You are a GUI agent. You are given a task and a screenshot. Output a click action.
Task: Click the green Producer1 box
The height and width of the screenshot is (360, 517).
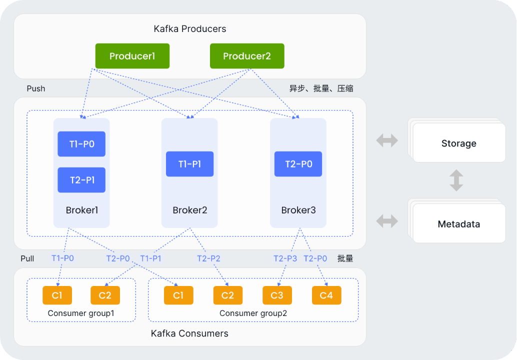[132, 56]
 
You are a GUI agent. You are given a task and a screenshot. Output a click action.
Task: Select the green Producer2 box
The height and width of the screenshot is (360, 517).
[247, 56]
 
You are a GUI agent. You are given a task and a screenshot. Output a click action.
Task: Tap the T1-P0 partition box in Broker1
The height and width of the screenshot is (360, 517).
[81, 144]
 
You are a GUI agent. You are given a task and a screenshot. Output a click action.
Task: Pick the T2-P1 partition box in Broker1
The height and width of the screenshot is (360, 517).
[81, 180]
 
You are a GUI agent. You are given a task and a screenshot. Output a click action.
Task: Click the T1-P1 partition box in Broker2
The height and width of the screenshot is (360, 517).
[189, 164]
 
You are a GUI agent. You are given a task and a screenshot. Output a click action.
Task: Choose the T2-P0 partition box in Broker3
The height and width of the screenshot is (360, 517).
[298, 164]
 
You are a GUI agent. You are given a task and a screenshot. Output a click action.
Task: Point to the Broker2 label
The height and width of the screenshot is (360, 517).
[189, 210]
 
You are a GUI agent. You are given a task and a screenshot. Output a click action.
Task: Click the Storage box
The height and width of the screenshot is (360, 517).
[459, 143]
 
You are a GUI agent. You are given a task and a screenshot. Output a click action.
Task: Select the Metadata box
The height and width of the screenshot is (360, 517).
[459, 224]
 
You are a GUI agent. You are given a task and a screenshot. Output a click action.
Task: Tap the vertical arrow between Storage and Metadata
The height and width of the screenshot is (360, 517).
[456, 180]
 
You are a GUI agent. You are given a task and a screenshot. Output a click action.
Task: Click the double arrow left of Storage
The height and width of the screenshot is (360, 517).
[387, 140]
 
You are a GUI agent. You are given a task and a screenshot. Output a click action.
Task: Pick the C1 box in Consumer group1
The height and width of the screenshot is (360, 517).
[57, 295]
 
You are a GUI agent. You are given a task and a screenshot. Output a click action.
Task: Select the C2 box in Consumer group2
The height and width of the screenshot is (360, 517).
[227, 295]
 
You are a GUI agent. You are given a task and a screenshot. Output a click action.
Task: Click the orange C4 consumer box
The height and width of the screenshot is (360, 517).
[326, 295]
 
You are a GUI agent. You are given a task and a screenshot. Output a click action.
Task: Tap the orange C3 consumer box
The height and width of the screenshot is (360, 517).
[277, 295]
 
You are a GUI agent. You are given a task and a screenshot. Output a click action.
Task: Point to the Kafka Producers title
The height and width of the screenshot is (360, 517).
[189, 29]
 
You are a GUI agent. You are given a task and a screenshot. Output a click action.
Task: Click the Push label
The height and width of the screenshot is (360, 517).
[36, 88]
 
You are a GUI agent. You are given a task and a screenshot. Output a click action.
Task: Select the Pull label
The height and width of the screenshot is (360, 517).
[27, 258]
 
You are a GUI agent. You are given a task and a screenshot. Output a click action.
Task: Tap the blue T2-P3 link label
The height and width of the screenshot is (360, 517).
[285, 258]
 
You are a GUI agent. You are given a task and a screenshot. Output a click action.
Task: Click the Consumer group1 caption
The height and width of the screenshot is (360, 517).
[81, 313]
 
